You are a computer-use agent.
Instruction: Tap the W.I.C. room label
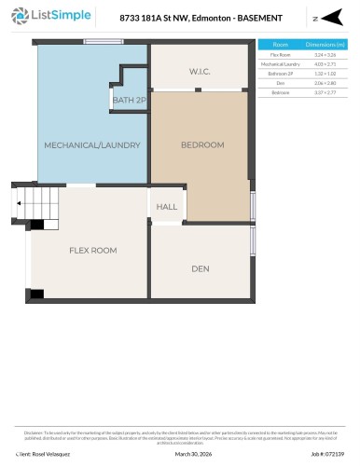pos(200,71)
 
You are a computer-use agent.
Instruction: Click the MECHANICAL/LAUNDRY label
pos(92,144)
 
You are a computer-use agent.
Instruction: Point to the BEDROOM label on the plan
pos(202,144)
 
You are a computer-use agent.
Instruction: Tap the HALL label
pos(166,207)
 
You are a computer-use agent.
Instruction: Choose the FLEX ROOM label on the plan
pos(91,251)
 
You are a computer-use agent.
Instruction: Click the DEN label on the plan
pos(200,268)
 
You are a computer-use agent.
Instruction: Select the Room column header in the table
pos(280,45)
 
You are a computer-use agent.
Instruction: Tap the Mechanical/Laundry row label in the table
pos(280,65)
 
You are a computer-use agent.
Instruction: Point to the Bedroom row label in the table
pos(280,93)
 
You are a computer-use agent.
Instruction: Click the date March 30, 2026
pos(195,454)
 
